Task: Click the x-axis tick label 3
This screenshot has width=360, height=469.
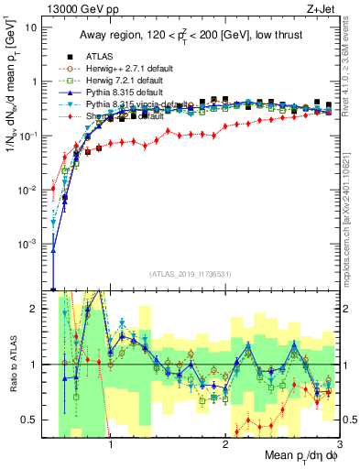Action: click(x=338, y=442)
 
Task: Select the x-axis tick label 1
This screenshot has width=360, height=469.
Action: click(x=111, y=442)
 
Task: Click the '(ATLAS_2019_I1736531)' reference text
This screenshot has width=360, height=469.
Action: click(x=191, y=274)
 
